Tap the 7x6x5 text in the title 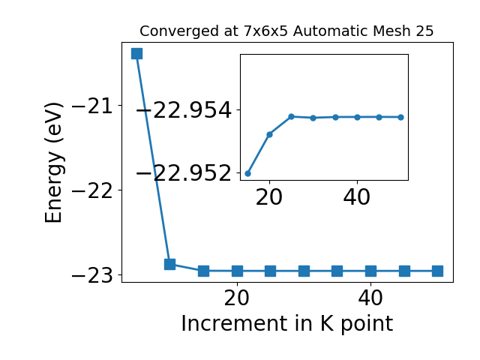[265, 31]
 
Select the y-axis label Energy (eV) [54, 163]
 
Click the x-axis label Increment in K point [287, 324]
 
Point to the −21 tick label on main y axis [92, 106]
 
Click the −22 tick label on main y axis [92, 190]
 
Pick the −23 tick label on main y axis [92, 275]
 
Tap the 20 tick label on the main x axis [237, 298]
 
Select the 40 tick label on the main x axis [370, 298]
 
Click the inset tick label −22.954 [184, 110]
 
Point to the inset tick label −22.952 [184, 173]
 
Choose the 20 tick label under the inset [269, 197]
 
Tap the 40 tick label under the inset [357, 197]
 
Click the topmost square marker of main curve [136, 53]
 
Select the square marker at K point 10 [170, 264]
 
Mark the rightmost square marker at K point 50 [437, 271]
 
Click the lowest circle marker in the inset [248, 173]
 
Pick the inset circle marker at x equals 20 [270, 134]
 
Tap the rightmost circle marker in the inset [401, 117]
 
